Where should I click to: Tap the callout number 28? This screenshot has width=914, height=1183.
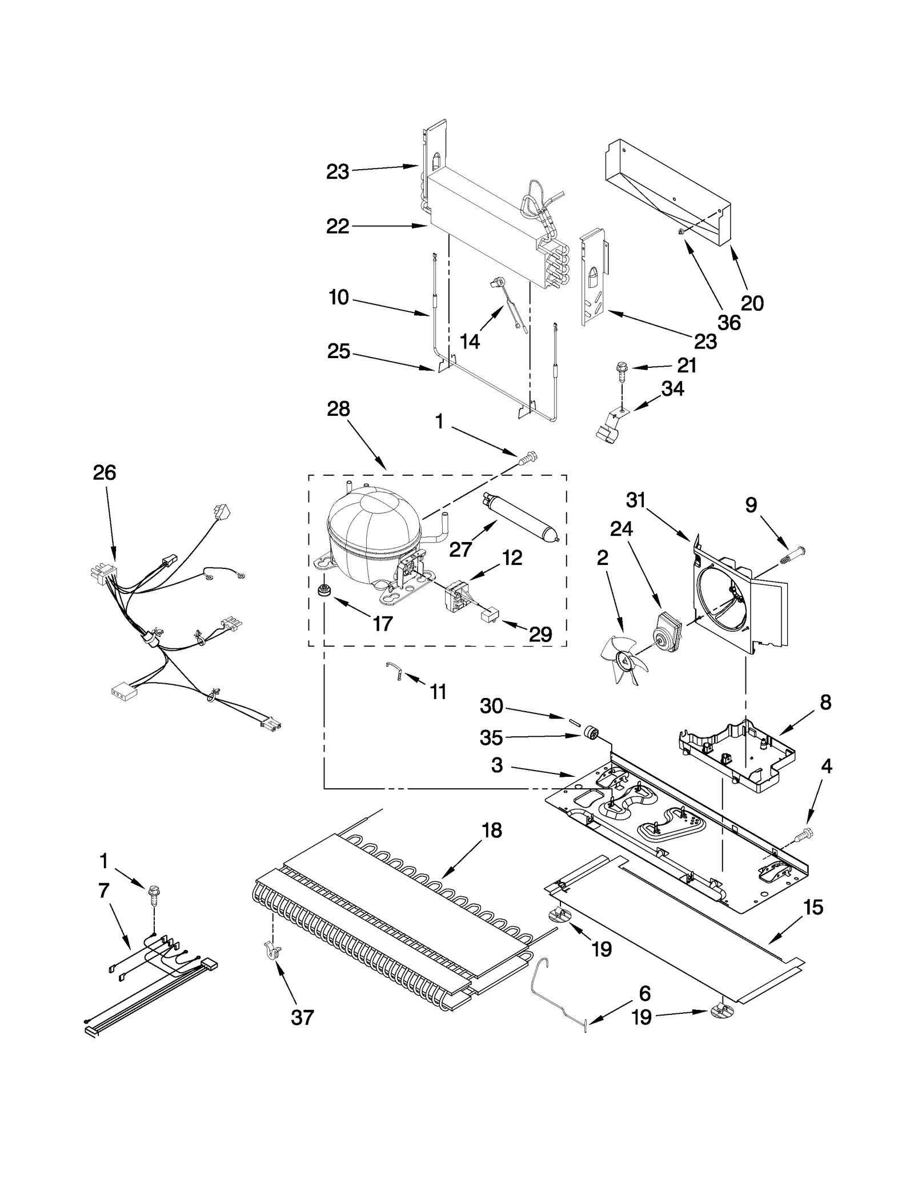tap(338, 410)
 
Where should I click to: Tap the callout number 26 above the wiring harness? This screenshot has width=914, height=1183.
tap(105, 473)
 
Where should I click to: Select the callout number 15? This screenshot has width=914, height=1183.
tap(813, 907)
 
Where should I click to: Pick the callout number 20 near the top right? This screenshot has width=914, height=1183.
tap(752, 303)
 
